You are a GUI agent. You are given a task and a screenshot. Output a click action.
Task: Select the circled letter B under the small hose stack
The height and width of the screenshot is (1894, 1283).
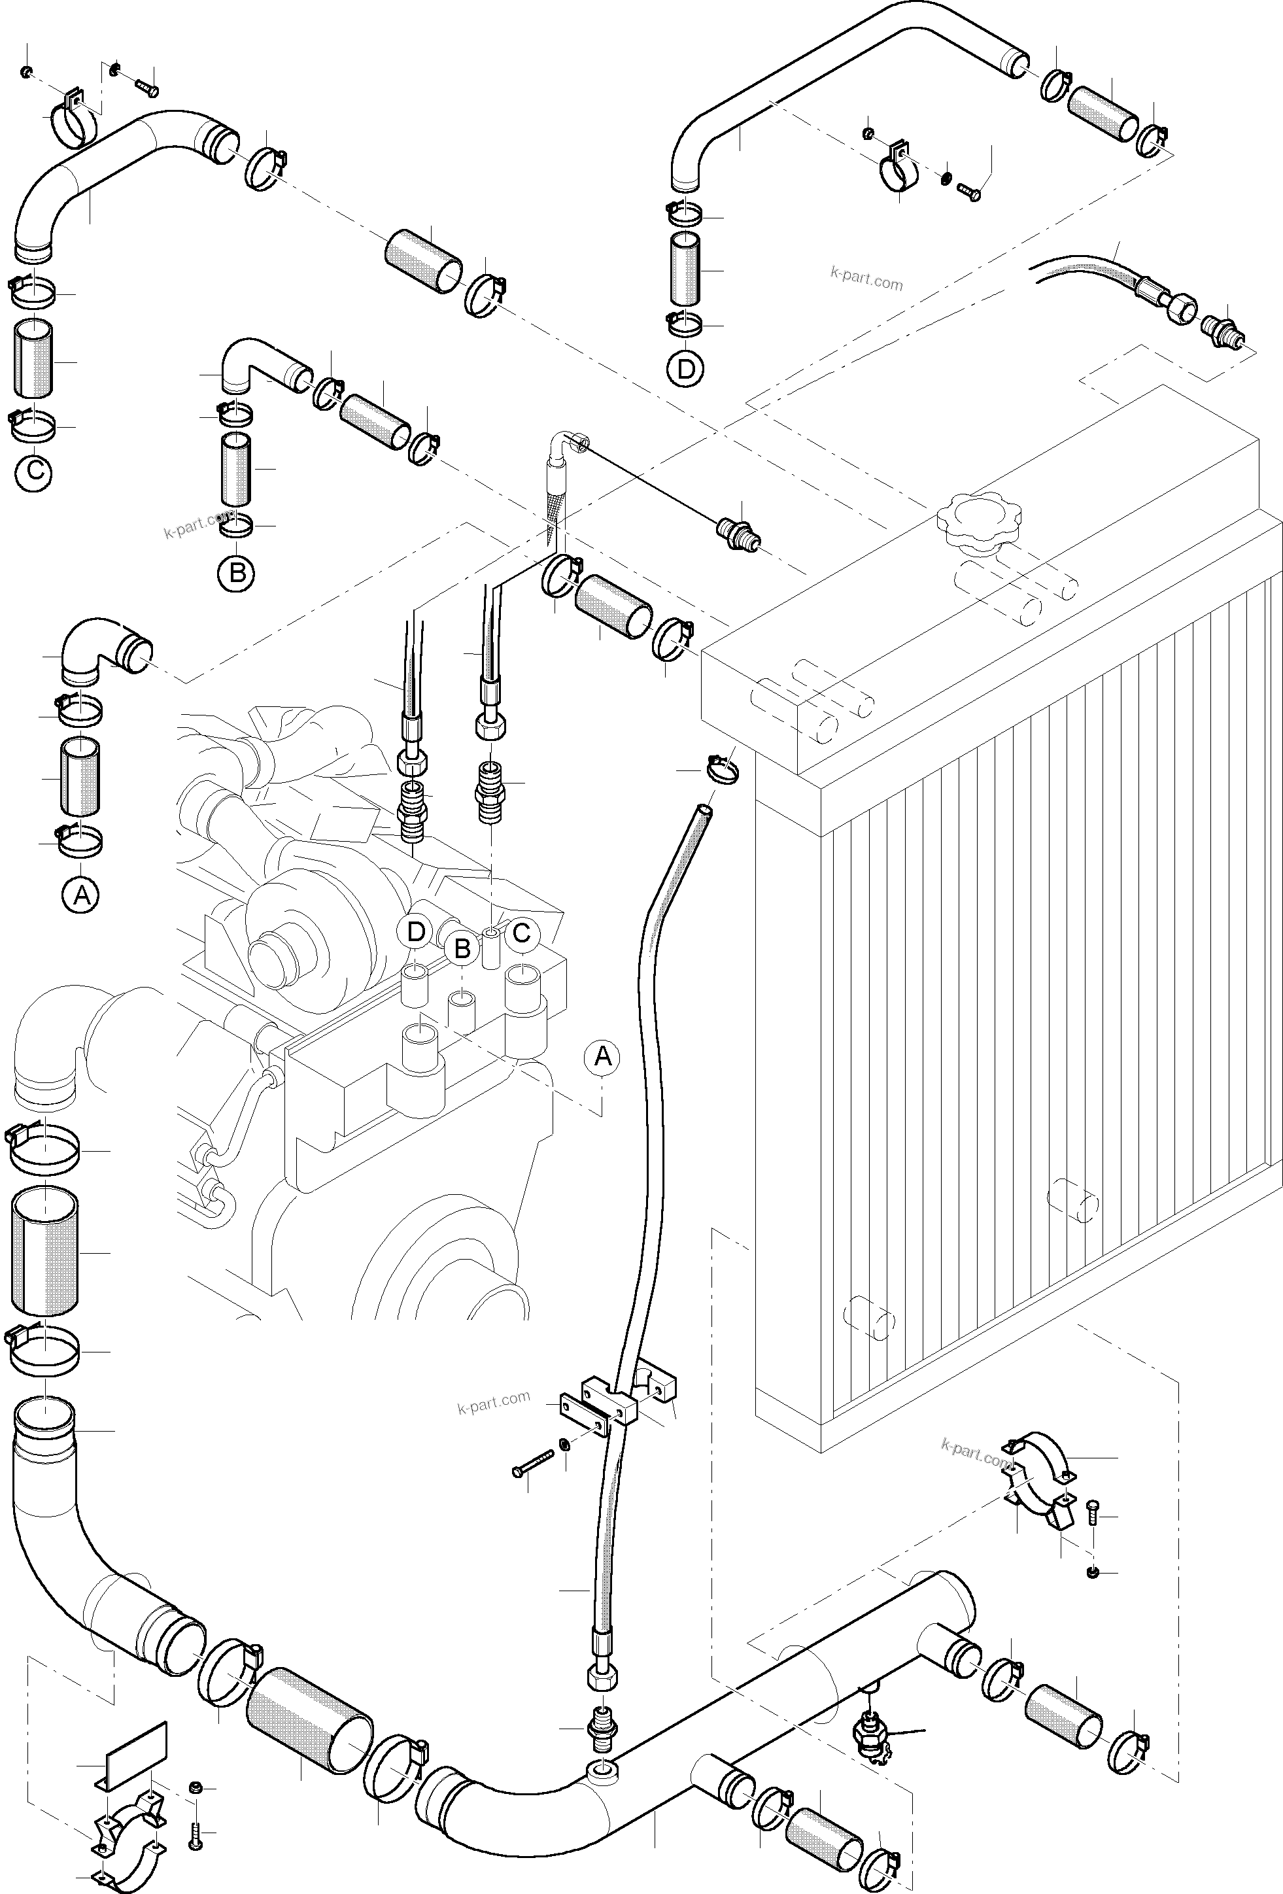(236, 573)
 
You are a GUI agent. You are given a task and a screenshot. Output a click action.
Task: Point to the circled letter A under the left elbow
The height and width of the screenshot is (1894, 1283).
(80, 895)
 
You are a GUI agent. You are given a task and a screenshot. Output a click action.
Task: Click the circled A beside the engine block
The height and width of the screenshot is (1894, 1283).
(602, 1057)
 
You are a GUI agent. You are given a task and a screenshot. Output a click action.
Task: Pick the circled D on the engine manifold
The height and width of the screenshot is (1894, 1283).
(416, 931)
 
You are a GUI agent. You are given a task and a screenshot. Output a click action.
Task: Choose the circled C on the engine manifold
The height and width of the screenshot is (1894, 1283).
(522, 933)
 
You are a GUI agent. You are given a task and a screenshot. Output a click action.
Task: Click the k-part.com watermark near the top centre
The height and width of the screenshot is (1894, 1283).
(866, 279)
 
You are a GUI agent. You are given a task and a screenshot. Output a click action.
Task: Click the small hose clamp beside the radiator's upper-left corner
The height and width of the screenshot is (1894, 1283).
(721, 768)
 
